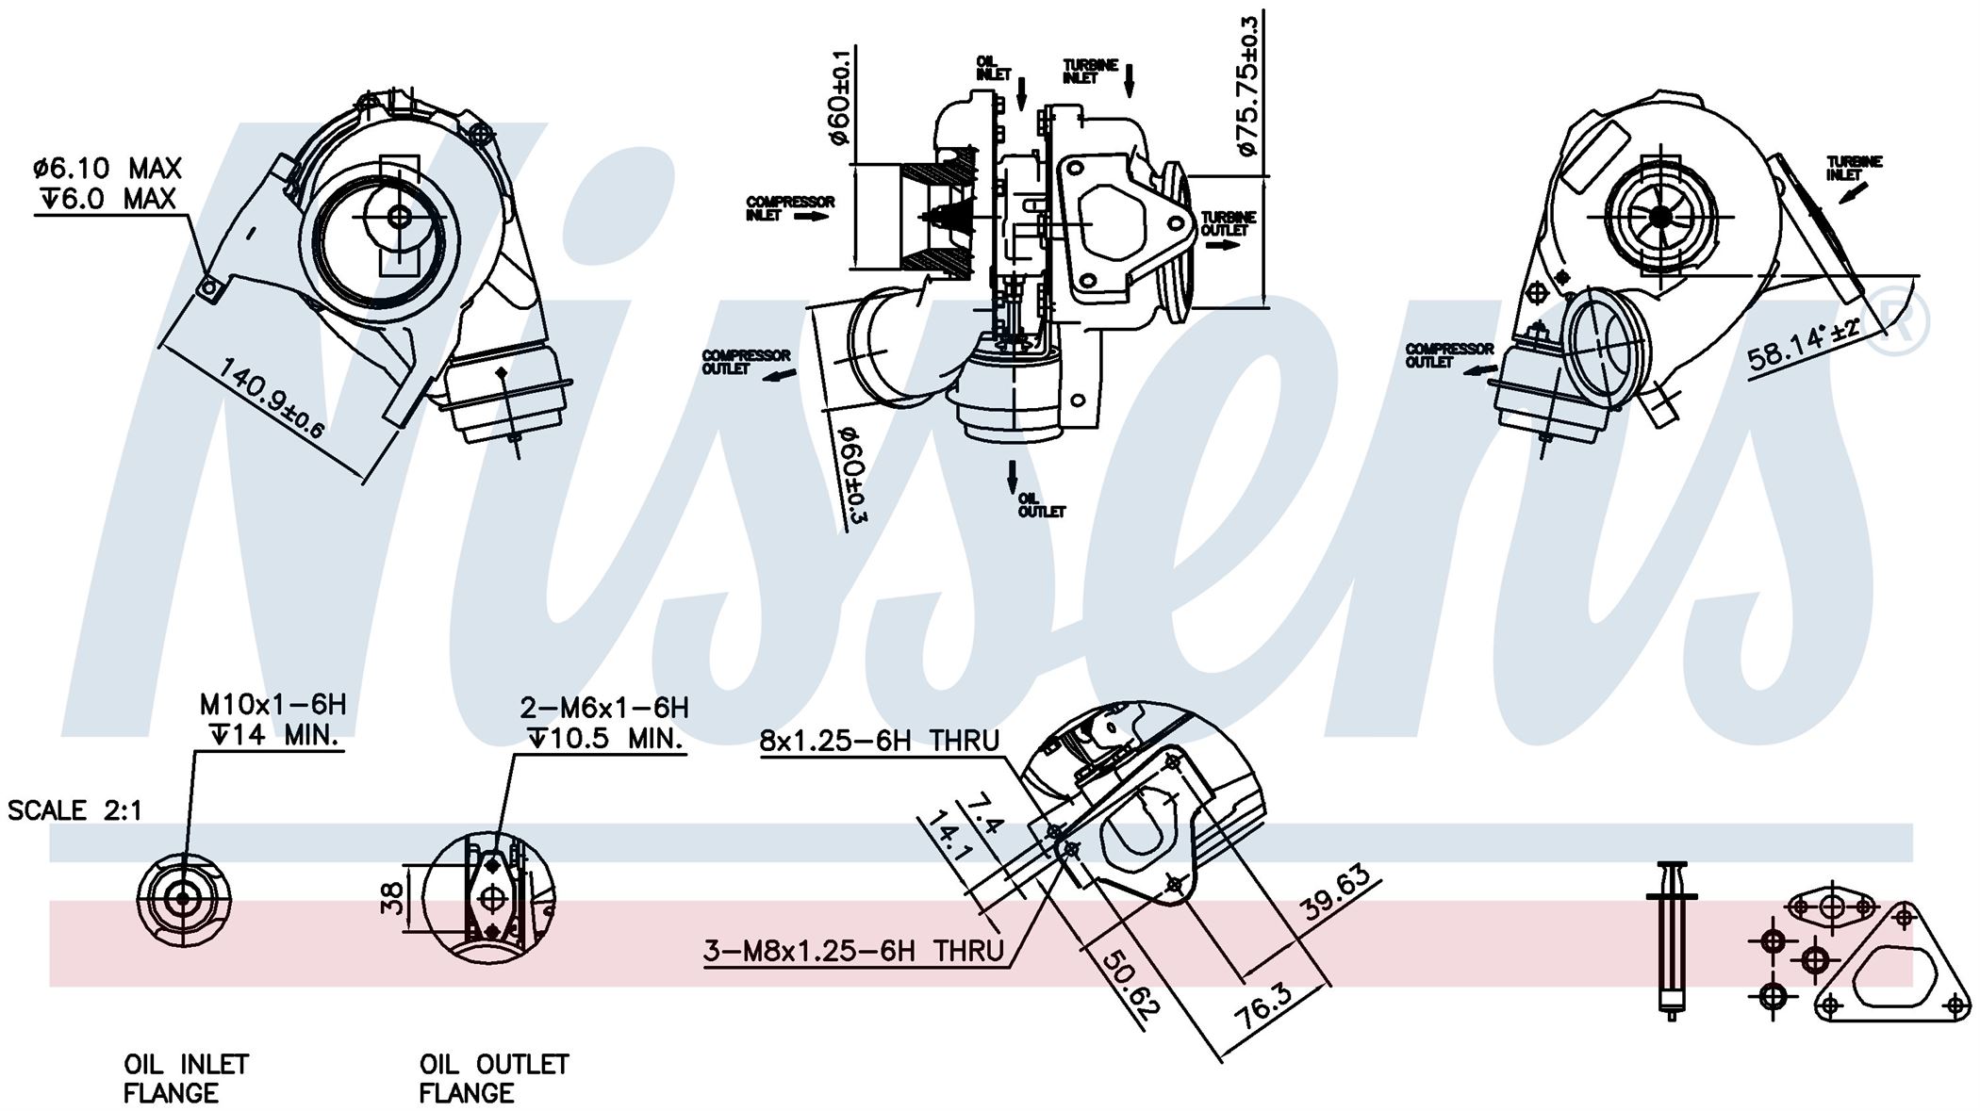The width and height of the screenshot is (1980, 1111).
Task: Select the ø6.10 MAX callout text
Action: point(107,169)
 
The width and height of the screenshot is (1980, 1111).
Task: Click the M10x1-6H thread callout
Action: point(272,704)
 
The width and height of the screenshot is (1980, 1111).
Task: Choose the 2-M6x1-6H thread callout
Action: point(603,707)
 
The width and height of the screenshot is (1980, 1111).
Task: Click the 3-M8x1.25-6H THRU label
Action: point(853,951)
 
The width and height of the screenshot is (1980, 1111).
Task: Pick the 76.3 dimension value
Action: point(1266,1007)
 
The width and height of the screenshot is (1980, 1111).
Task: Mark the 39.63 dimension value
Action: point(1337,893)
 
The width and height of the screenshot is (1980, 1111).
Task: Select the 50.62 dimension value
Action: point(1128,982)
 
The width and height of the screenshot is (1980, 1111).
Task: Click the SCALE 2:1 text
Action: point(74,810)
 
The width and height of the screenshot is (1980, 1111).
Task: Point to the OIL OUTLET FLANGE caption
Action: point(494,1079)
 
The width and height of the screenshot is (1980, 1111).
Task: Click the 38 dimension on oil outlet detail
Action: point(394,897)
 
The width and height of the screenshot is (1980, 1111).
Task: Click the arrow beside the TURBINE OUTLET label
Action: point(1222,245)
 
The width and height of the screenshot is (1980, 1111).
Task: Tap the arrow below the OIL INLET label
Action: point(1022,92)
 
